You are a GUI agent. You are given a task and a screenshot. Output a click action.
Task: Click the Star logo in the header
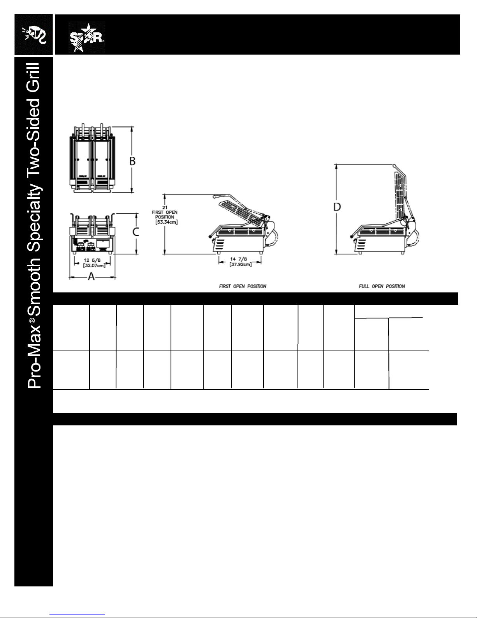click(86, 37)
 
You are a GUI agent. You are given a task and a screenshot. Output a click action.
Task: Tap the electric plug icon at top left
click(33, 34)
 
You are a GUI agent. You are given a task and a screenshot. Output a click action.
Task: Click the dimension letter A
click(92, 276)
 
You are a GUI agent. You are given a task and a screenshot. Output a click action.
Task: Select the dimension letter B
click(132, 161)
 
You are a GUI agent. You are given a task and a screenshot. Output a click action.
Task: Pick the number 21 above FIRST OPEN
click(165, 207)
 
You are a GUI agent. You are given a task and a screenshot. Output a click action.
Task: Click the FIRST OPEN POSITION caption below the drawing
click(243, 286)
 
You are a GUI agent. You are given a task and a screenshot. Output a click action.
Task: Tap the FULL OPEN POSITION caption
click(382, 286)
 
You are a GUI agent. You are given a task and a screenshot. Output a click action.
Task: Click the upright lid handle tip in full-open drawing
click(394, 165)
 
